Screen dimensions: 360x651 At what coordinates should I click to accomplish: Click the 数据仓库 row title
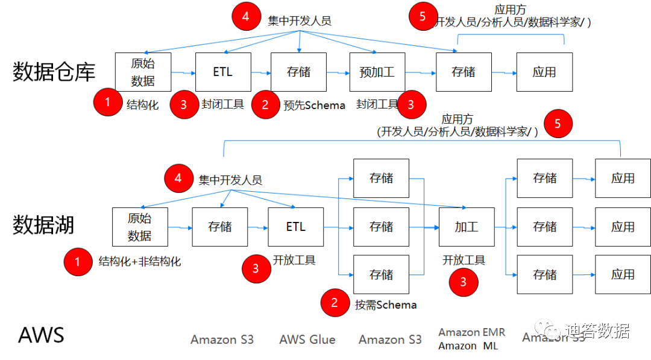[x=54, y=72]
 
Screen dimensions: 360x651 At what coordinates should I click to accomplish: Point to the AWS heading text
[x=41, y=335]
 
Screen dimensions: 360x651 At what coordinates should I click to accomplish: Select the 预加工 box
[x=377, y=72]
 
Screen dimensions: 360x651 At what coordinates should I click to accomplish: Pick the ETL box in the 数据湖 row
[x=296, y=227]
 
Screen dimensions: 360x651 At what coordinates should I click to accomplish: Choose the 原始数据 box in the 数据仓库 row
[x=143, y=72]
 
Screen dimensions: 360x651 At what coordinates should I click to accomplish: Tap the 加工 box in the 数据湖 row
[x=467, y=227]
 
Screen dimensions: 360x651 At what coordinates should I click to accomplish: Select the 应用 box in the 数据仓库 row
[x=544, y=72]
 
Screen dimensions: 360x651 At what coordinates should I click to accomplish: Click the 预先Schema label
[x=315, y=106]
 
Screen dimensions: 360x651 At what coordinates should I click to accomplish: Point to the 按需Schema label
[x=386, y=305]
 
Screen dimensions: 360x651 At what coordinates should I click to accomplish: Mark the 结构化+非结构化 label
[x=140, y=262]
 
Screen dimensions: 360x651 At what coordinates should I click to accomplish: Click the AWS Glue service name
[x=307, y=339]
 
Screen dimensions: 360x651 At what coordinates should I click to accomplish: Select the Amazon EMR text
[x=472, y=332]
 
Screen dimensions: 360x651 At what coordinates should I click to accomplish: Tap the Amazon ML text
[x=468, y=346]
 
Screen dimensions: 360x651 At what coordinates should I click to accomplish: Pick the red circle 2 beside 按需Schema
[x=335, y=303]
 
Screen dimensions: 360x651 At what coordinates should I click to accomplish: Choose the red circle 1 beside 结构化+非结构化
[x=77, y=262]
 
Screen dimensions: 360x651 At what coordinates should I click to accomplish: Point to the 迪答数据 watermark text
[x=597, y=331]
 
